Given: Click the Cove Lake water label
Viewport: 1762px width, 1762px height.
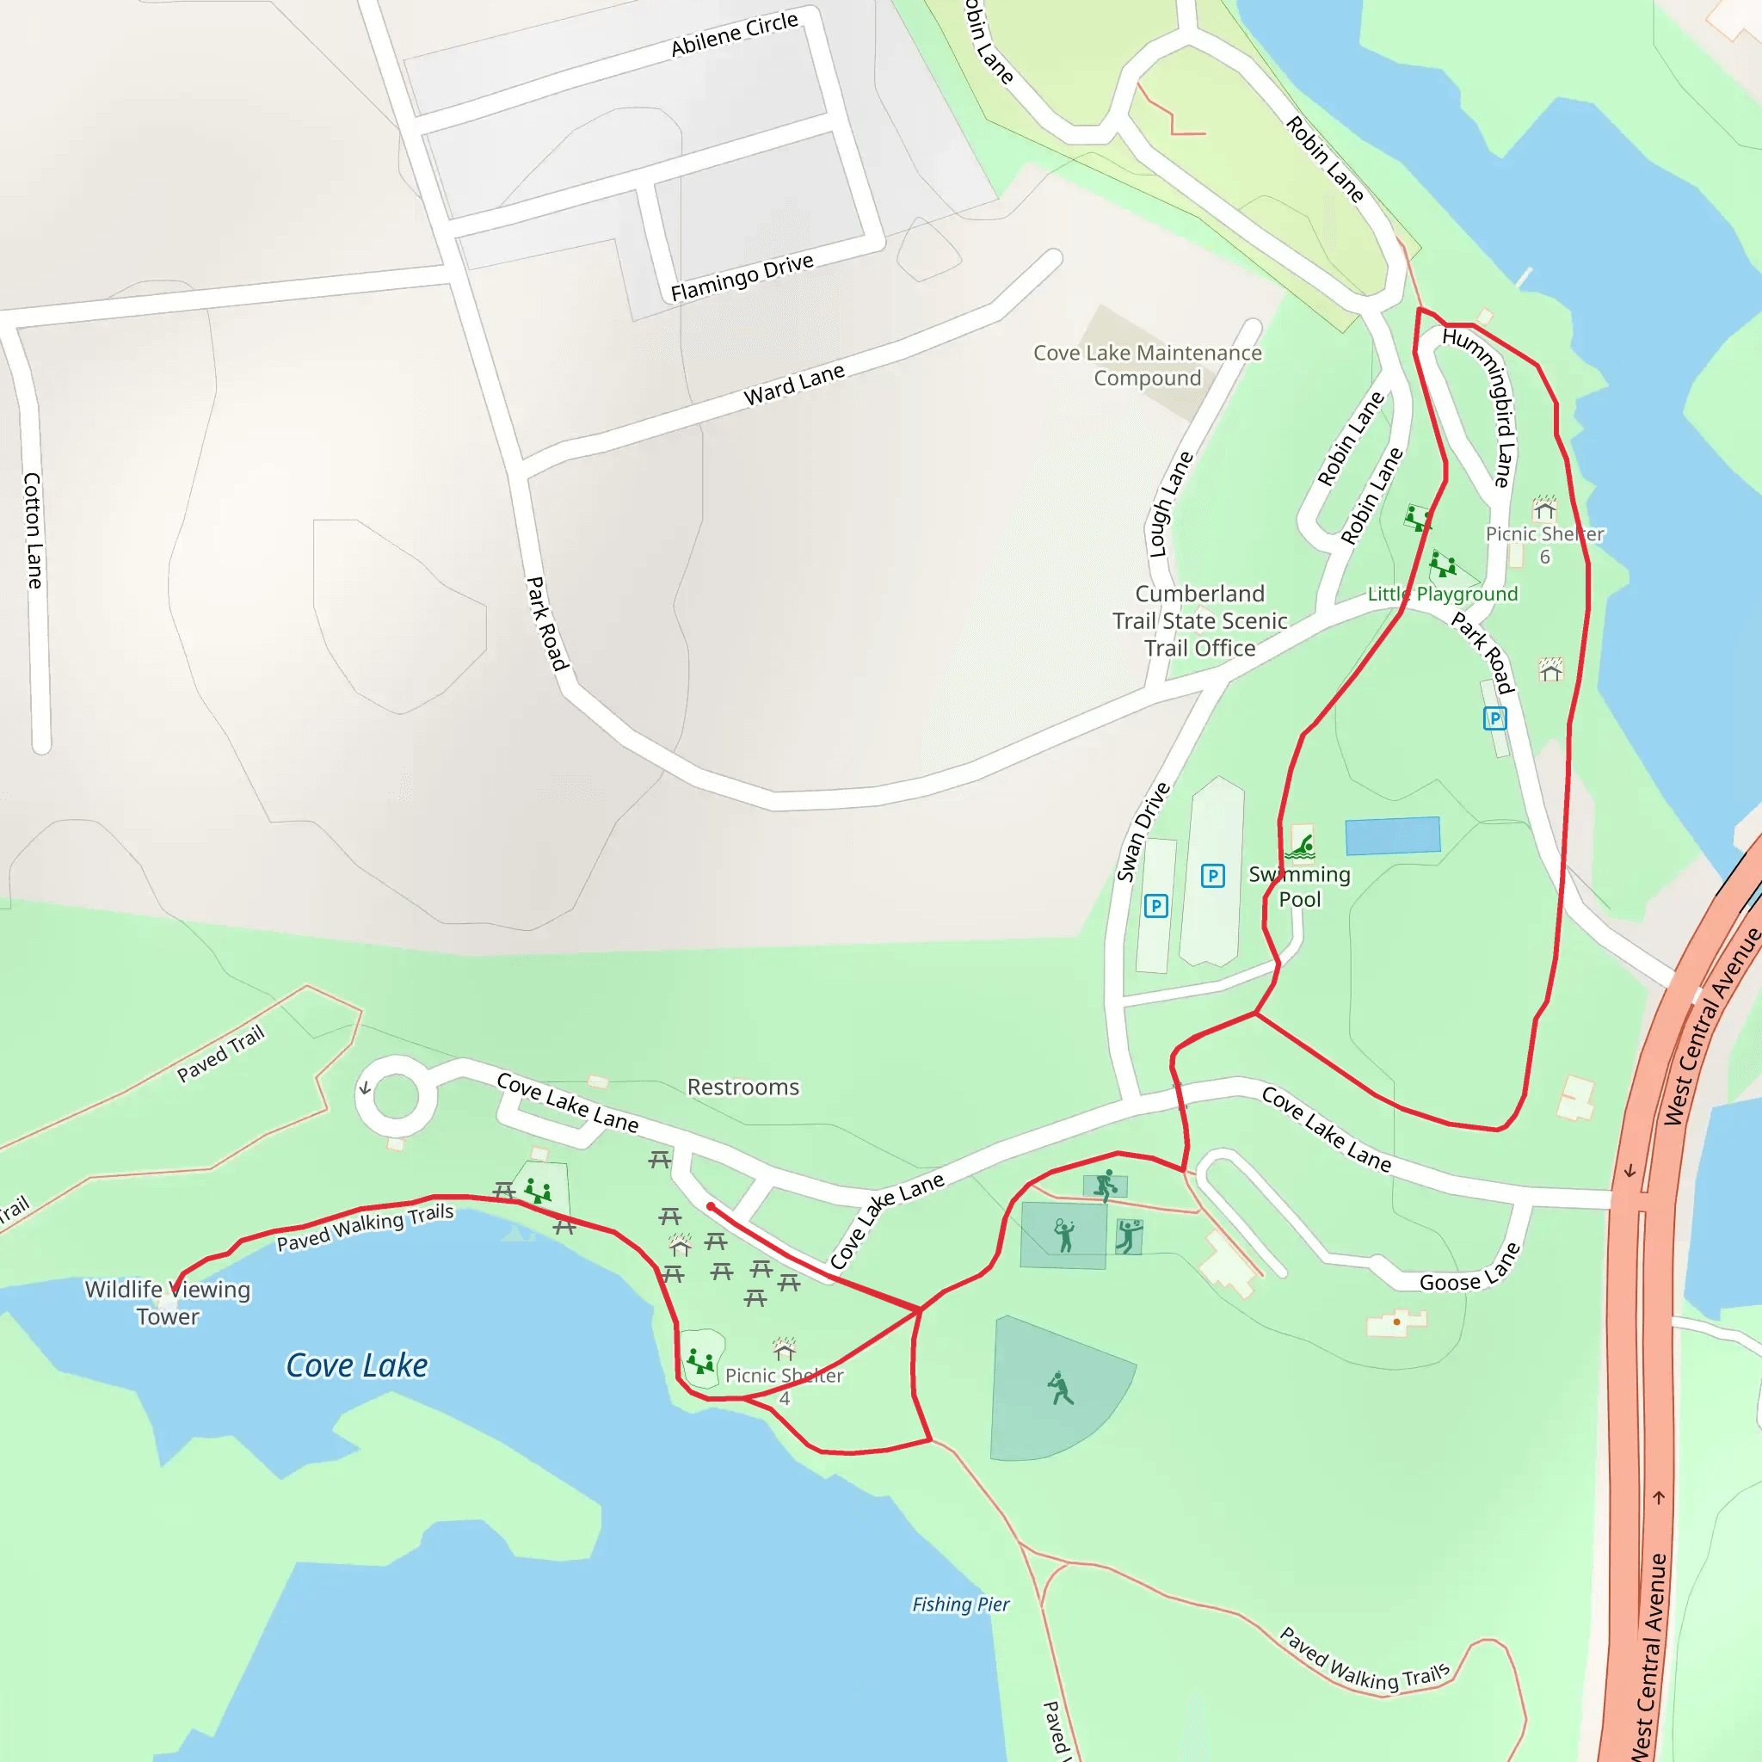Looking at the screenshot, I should tap(356, 1365).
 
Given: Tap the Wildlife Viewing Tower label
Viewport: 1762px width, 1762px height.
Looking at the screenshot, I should tap(168, 1303).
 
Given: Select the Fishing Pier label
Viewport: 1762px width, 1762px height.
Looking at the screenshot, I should tap(960, 1605).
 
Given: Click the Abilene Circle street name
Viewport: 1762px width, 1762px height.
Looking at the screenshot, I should tap(734, 34).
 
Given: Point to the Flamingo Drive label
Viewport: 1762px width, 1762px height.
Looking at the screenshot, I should tap(742, 277).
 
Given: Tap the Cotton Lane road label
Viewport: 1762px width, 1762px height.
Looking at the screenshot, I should tap(33, 530).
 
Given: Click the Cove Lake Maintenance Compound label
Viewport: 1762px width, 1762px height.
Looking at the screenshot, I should tap(1148, 365).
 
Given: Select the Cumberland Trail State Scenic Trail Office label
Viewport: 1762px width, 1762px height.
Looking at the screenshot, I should tap(1199, 620).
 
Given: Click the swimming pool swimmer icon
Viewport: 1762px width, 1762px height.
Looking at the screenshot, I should tap(1302, 846).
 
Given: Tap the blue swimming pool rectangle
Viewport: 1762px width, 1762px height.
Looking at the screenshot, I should tap(1392, 835).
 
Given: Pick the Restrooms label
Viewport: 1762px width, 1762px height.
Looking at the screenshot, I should tap(742, 1087).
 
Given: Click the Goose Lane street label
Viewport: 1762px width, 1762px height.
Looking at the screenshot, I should tap(1469, 1269).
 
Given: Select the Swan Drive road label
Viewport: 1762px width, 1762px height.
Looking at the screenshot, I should tap(1143, 832).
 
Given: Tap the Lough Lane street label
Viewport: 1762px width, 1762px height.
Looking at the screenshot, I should tap(1171, 503).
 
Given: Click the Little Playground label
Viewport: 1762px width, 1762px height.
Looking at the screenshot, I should tap(1442, 594).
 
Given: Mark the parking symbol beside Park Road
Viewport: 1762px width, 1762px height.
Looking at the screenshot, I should tap(1494, 718).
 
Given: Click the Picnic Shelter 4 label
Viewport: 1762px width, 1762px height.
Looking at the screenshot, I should tap(785, 1386).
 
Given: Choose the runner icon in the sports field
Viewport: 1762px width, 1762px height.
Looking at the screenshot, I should tap(1060, 1388).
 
